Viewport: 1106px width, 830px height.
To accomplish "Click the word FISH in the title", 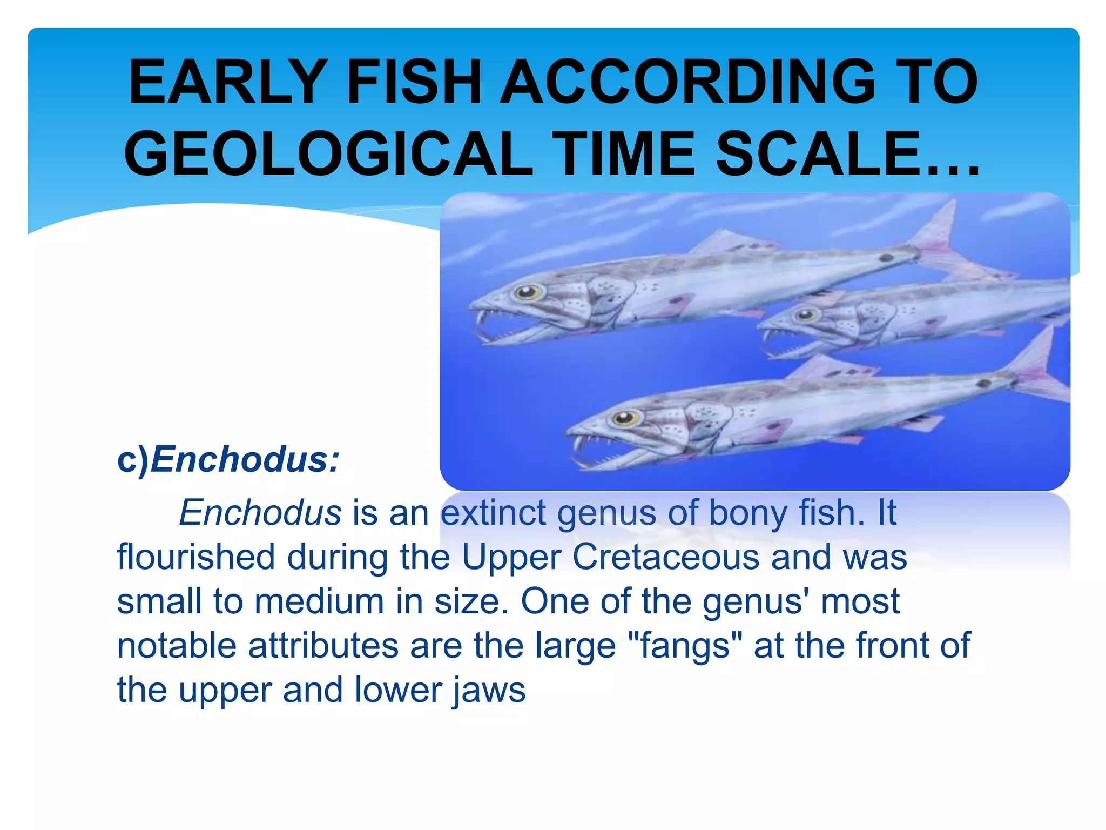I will (x=413, y=82).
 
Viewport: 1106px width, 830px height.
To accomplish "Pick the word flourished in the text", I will (x=196, y=557).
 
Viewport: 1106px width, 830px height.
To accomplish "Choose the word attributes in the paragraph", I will (x=323, y=645).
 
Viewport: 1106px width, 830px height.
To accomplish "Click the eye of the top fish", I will (x=527, y=292).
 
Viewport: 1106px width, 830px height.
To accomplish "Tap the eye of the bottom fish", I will (x=625, y=417).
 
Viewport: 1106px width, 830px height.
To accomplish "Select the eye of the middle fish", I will (x=806, y=314).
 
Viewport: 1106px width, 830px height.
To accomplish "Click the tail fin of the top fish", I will (x=937, y=238).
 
